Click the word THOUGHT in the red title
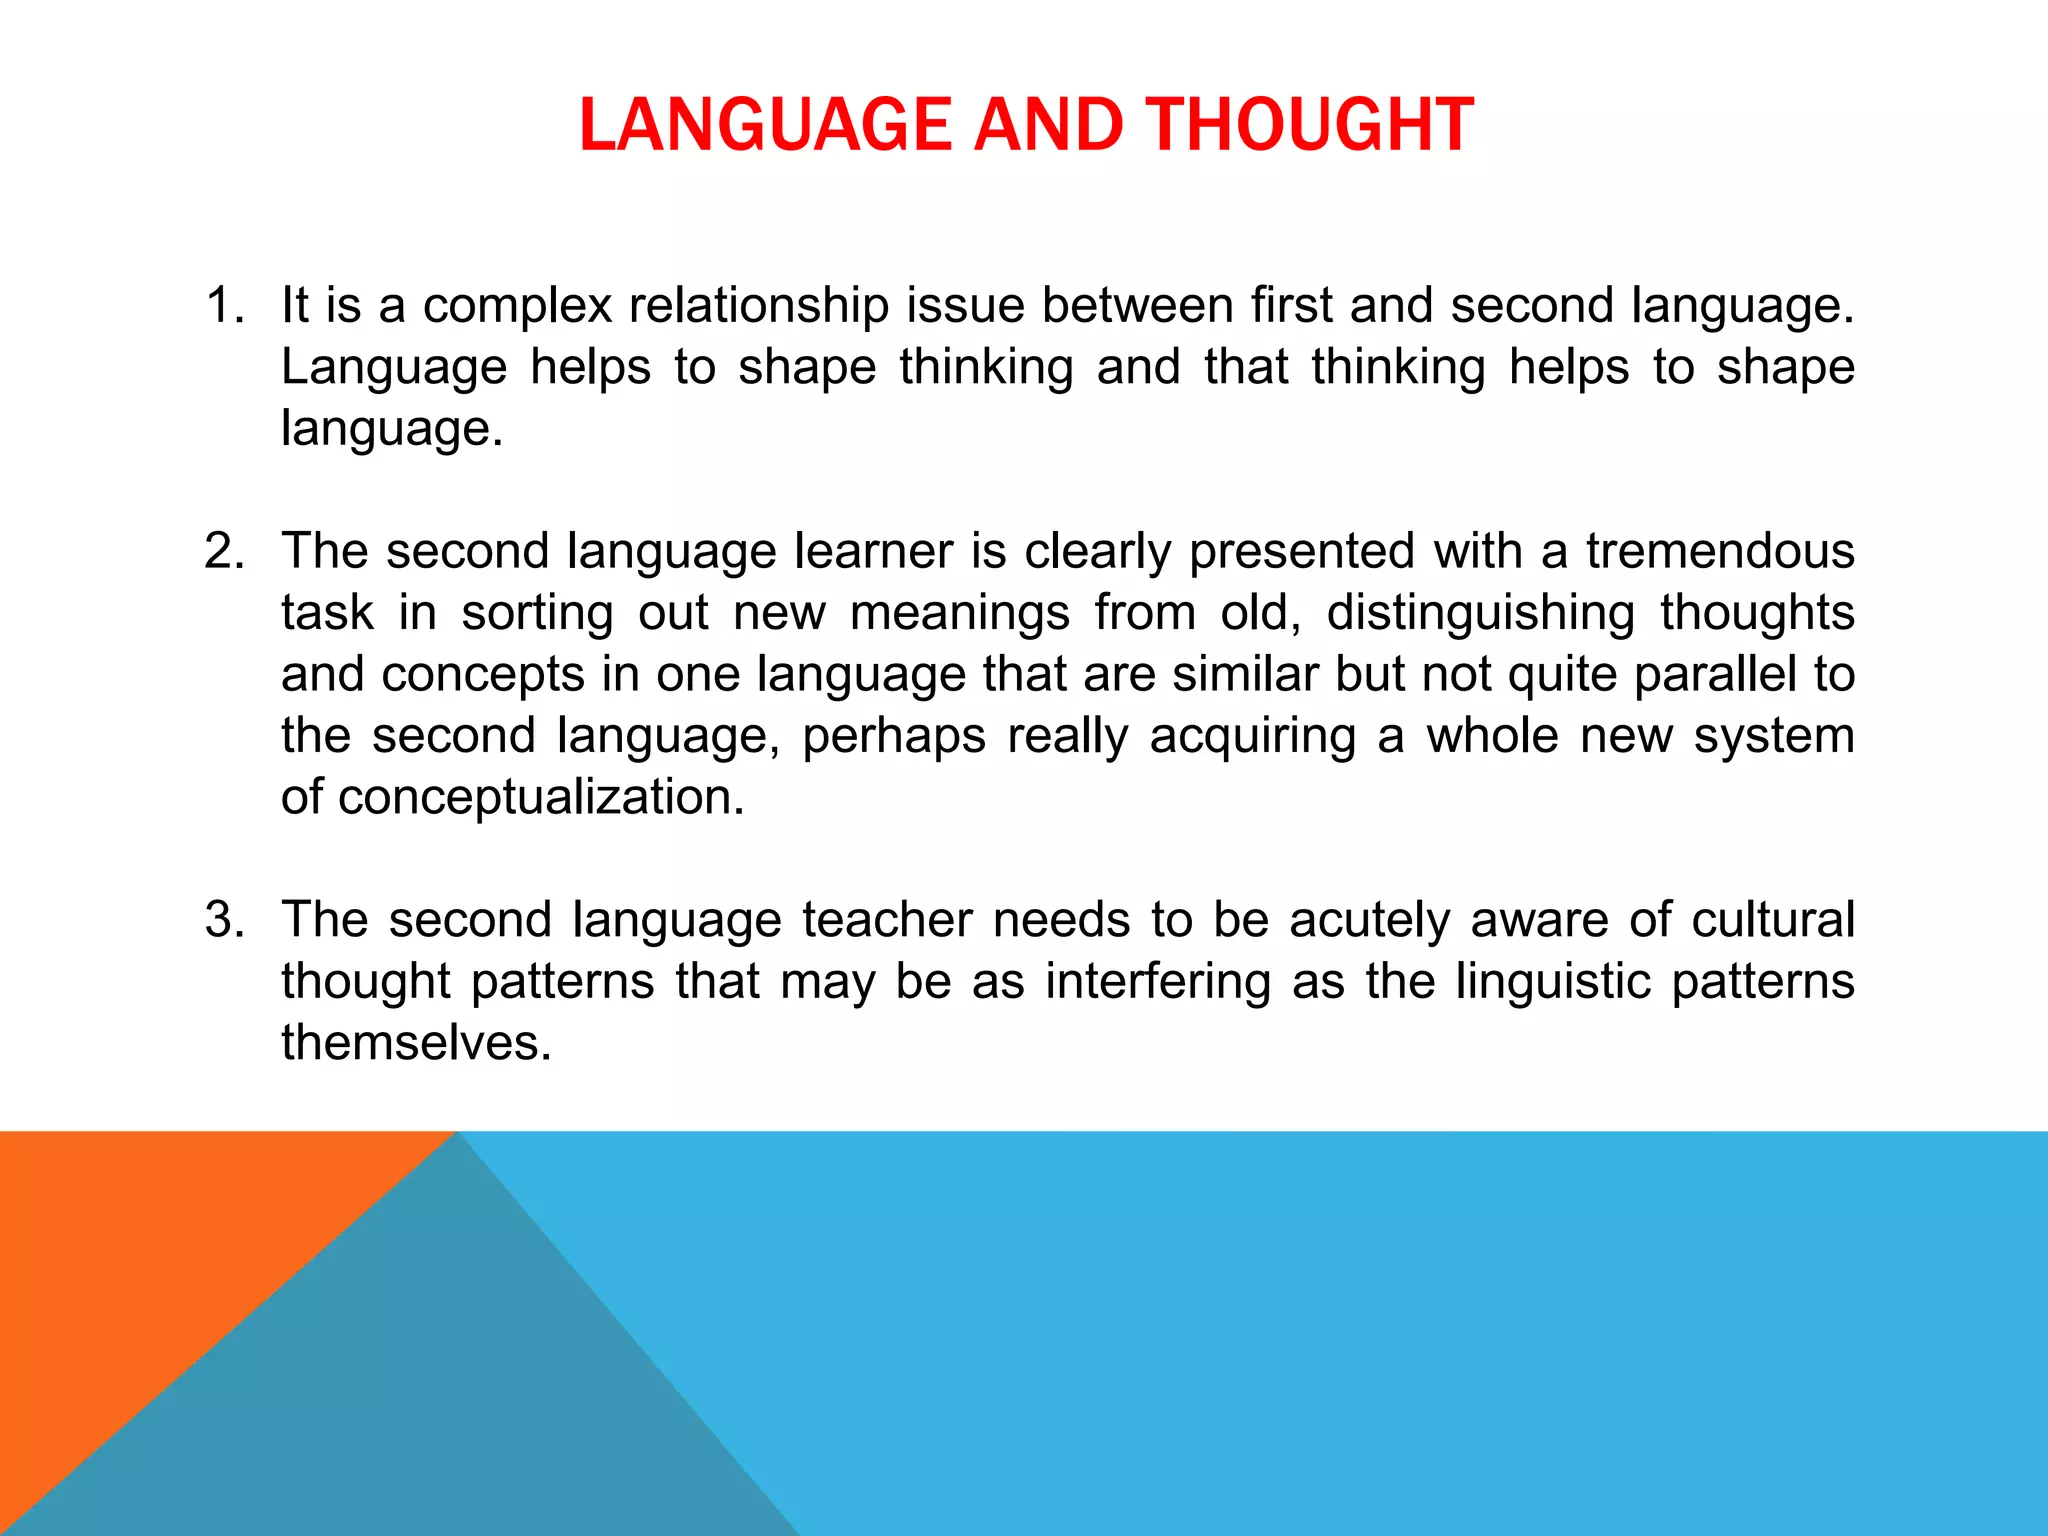[x=1309, y=125]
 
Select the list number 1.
[x=224, y=305]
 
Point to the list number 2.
[x=224, y=551]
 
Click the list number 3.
[x=224, y=919]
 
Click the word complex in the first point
[x=517, y=306]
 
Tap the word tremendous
[x=1720, y=551]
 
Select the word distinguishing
[x=1481, y=613]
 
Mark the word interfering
[x=1158, y=981]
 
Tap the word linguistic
[x=1553, y=981]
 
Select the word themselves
[x=416, y=1042]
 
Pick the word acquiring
[x=1253, y=737]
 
